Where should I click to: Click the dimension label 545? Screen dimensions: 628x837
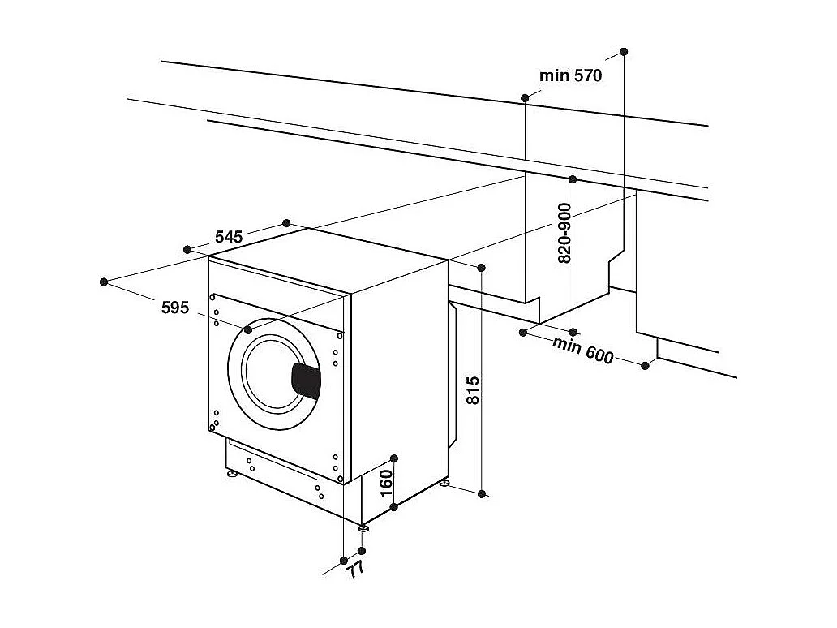[229, 237]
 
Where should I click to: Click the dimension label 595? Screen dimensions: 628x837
[175, 308]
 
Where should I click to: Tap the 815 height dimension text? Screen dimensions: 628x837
[474, 391]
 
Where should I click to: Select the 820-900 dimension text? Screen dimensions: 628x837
[565, 232]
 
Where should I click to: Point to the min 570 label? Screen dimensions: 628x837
[571, 75]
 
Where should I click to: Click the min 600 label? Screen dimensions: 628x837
[583, 350]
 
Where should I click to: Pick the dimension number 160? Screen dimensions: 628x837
[386, 484]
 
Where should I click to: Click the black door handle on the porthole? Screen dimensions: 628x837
[306, 381]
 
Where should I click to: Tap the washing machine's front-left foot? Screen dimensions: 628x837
[233, 473]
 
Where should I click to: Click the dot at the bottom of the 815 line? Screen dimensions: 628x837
[483, 493]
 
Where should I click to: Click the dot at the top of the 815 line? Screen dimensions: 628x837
[482, 267]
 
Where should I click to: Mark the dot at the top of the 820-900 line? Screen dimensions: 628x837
[572, 179]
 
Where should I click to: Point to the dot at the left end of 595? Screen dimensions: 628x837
[104, 282]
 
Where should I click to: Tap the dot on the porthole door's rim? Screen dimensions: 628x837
[248, 330]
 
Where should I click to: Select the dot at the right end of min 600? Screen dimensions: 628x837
[646, 365]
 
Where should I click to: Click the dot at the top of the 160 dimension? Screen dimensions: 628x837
[393, 458]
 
